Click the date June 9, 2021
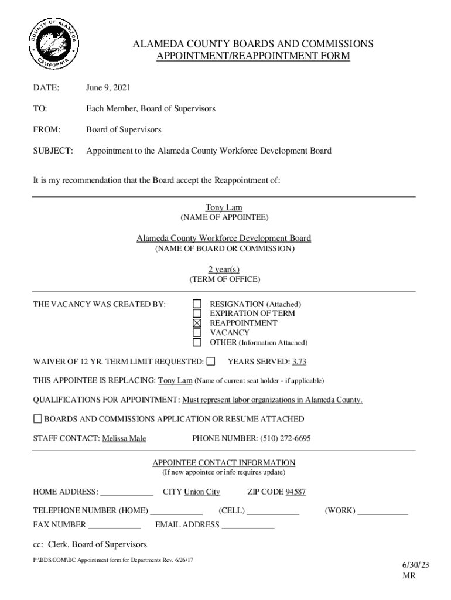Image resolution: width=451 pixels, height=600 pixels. [108, 88]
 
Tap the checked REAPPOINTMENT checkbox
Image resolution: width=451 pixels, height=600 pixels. [197, 323]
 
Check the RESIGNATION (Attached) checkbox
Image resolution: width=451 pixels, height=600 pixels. [197, 304]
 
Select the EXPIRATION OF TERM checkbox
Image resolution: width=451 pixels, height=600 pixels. [197, 313]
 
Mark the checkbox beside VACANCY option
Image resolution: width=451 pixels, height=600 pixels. [197, 332]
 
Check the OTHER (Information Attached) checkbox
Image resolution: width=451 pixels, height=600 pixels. [197, 342]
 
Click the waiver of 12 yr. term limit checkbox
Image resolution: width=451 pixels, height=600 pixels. [211, 361]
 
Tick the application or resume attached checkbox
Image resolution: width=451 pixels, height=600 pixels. [37, 419]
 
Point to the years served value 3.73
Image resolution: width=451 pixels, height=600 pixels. [299, 362]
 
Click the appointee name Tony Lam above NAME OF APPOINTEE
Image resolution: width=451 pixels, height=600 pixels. [224, 207]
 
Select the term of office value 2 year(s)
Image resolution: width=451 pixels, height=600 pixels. [224, 269]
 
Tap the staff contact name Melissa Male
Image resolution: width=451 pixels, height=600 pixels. [124, 438]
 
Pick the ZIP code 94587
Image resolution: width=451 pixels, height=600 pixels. [295, 492]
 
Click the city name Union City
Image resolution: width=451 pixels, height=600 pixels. [202, 492]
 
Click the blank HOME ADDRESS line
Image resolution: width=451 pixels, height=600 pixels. [127, 493]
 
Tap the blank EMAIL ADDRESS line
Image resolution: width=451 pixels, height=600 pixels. [248, 526]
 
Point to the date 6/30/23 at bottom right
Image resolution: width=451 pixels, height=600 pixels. [415, 565]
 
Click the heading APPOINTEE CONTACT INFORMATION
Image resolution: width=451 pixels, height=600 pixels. [224, 462]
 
